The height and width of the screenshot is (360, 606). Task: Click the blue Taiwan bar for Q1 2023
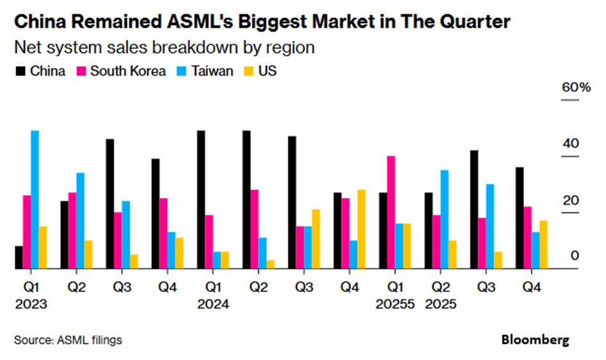point(35,200)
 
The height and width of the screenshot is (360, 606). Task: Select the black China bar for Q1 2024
point(201,200)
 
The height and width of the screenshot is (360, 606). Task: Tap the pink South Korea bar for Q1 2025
point(391,212)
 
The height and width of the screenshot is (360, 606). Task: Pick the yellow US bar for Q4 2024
point(362,229)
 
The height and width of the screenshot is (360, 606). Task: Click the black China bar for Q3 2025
point(475,209)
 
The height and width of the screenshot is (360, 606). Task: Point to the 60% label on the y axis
point(576,88)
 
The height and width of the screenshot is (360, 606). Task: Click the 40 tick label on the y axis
point(570,144)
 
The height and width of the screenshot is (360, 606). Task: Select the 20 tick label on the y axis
point(570,200)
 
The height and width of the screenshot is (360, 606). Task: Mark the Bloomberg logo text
point(535,339)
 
